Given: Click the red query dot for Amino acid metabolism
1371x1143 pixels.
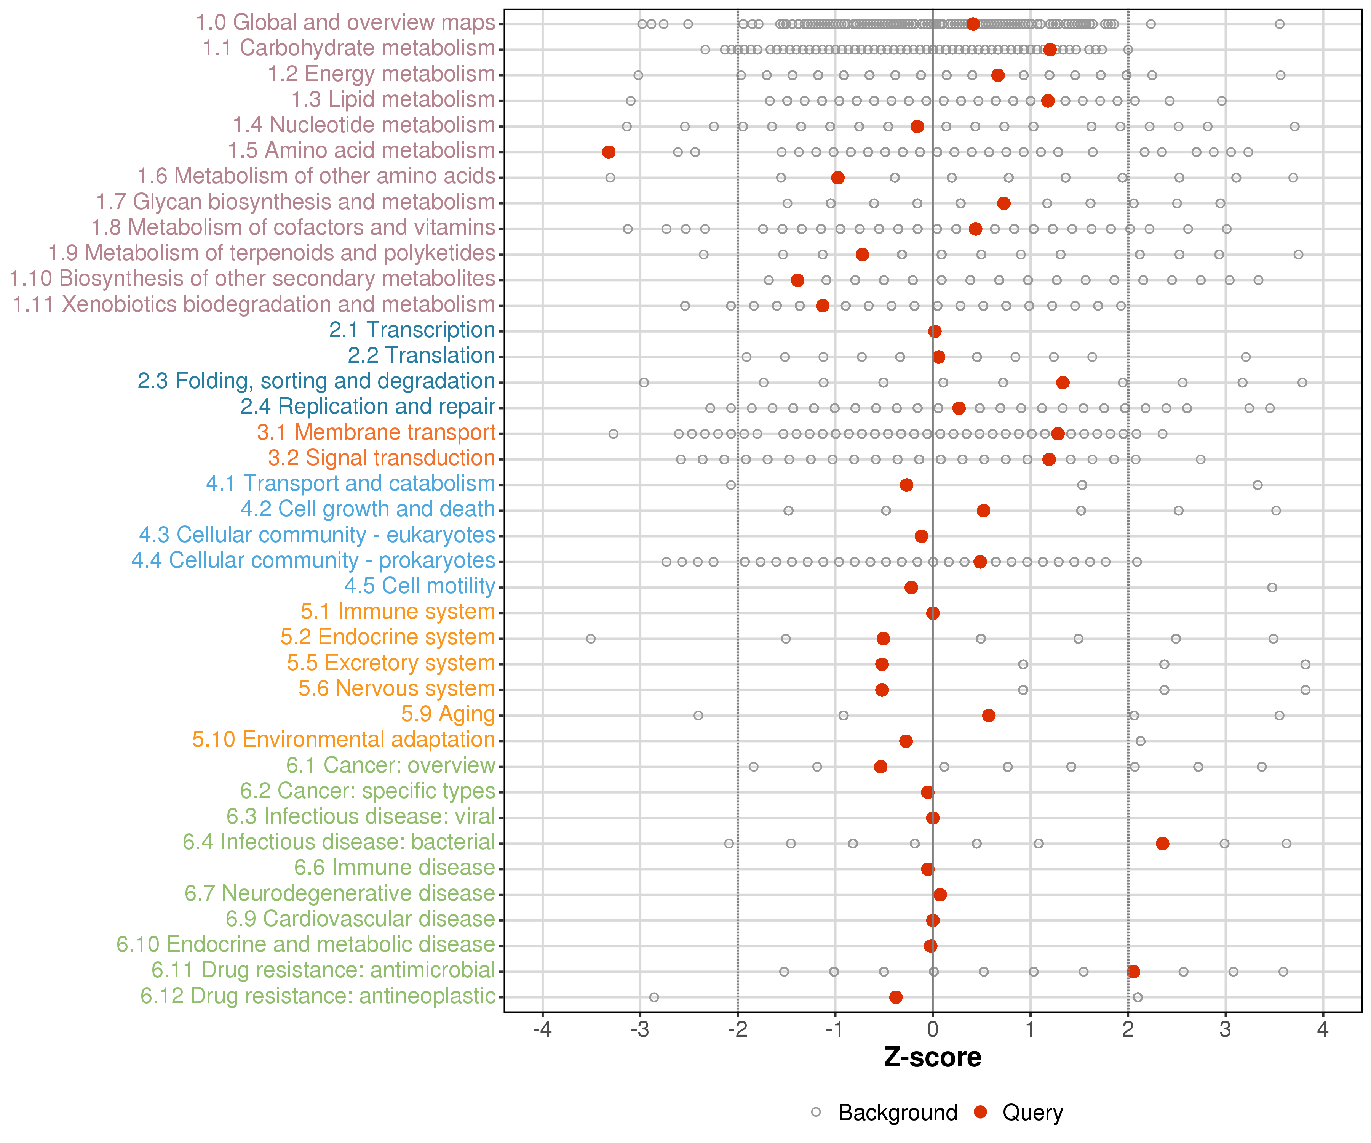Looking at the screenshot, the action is tap(609, 152).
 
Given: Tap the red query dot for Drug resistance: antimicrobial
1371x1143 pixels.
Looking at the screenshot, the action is tap(1133, 971).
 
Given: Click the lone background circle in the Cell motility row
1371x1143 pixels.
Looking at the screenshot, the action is tap(1272, 587).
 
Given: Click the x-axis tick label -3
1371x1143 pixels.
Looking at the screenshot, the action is tap(640, 1029).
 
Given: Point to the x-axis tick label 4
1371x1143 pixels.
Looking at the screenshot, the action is tap(1323, 1029).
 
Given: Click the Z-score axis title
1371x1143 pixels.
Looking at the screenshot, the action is tap(932, 1057).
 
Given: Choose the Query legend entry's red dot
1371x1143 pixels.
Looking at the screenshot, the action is tap(980, 1112).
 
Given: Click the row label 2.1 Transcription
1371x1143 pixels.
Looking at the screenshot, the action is tap(412, 330).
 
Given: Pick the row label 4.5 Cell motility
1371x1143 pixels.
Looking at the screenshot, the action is tap(420, 586).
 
